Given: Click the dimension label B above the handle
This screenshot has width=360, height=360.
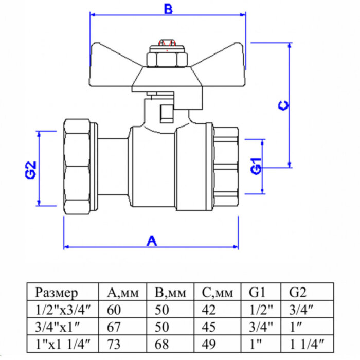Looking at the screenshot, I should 167,9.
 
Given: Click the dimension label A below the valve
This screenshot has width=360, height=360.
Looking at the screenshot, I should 151,240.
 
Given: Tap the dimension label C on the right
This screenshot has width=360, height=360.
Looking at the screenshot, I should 283,105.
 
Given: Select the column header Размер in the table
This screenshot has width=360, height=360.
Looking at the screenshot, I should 57,293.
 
